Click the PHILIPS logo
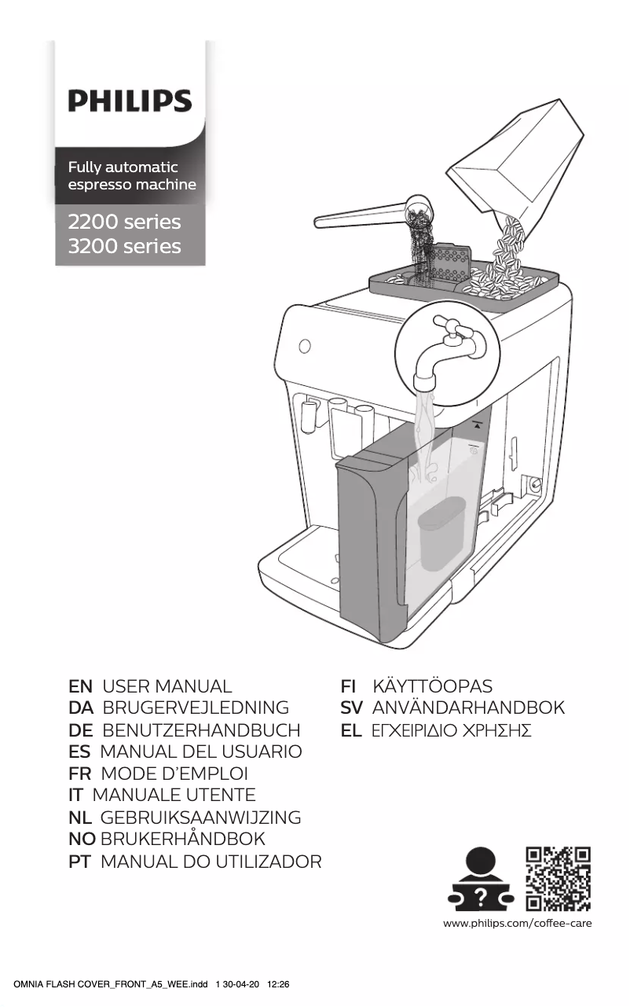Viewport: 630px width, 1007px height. (130, 101)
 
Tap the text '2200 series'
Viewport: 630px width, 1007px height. (124, 222)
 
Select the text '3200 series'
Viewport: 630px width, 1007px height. (124, 247)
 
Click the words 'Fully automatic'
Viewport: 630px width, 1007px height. (123, 167)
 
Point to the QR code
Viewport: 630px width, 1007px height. (558, 878)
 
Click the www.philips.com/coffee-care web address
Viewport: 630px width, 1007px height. (518, 923)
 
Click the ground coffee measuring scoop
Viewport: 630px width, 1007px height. (369, 216)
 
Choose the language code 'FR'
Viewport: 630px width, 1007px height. (80, 774)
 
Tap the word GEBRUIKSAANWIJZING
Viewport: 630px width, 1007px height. (200, 818)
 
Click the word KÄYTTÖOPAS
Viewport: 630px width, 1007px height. (433, 685)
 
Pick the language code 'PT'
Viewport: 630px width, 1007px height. (80, 862)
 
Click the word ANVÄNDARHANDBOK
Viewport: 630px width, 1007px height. (468, 707)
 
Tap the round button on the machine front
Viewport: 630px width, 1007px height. (305, 346)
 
